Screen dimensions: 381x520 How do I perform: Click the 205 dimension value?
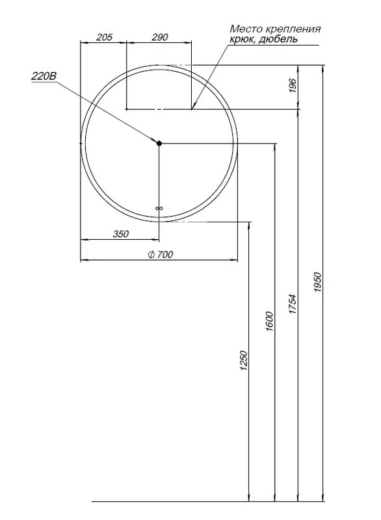104,37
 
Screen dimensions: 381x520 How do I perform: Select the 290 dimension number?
160,37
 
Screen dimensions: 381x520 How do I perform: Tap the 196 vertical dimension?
293,86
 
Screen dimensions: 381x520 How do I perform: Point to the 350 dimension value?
121,234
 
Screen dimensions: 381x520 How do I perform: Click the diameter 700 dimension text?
160,254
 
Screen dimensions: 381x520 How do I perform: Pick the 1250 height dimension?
244,360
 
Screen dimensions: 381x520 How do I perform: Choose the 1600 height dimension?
269,321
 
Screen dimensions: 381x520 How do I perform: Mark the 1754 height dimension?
292,304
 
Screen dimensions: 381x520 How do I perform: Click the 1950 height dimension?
317,282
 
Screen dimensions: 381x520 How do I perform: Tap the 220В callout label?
44,76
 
